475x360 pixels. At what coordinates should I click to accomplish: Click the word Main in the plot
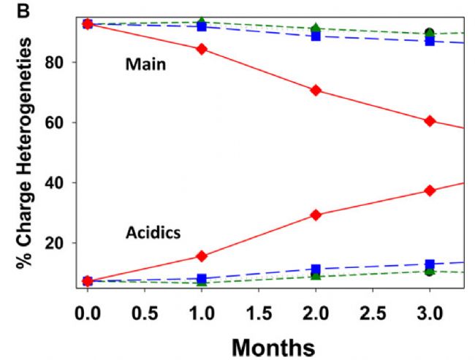point(146,65)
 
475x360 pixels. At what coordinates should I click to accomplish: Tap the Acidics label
point(153,234)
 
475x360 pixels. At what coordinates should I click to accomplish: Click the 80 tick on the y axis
point(61,63)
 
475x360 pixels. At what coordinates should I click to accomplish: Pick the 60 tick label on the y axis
point(61,123)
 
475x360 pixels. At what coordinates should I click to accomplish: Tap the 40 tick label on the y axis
point(61,183)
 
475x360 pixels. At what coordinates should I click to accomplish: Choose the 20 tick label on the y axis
point(61,243)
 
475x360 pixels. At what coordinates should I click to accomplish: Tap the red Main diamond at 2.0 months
point(316,90)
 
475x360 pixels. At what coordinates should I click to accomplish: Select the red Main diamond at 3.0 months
point(430,120)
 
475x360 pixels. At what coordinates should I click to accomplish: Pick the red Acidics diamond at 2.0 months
point(316,215)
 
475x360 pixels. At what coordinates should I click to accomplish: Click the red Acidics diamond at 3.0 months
point(430,191)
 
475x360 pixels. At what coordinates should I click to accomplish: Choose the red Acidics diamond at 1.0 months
point(202,256)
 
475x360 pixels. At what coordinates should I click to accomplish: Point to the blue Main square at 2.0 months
point(316,35)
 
